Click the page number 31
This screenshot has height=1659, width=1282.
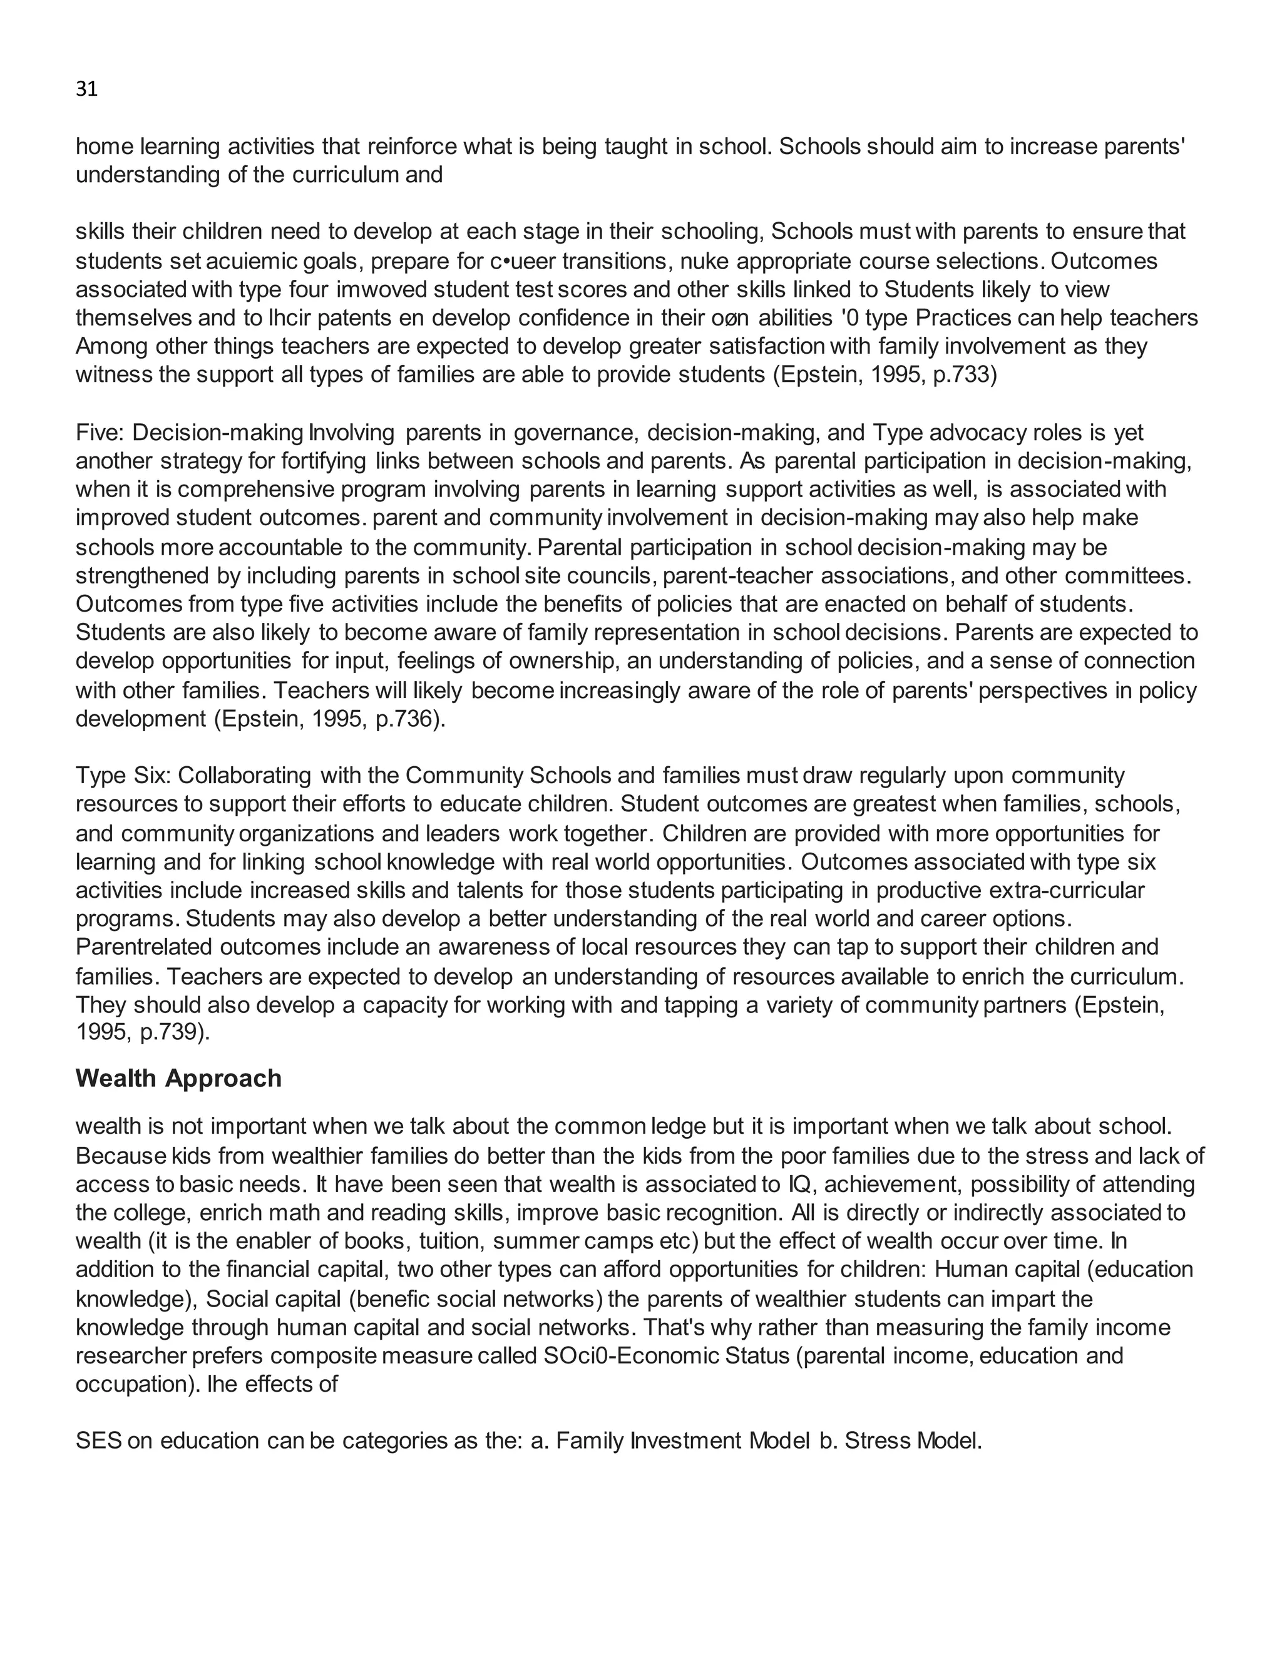pyautogui.click(x=86, y=90)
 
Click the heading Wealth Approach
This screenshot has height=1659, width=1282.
pyautogui.click(x=178, y=1079)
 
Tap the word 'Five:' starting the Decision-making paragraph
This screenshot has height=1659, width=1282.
pyautogui.click(x=101, y=433)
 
